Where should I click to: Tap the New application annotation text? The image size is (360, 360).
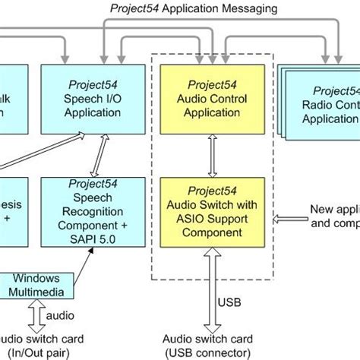(x=334, y=216)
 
